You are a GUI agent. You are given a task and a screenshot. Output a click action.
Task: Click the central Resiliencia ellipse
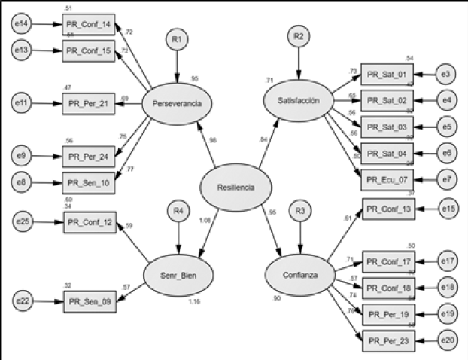[x=235, y=188]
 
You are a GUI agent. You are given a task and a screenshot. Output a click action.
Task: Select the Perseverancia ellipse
[x=176, y=103]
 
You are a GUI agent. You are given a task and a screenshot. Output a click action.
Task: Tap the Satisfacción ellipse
[x=298, y=100]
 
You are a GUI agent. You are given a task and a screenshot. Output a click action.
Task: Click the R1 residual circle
[x=176, y=39]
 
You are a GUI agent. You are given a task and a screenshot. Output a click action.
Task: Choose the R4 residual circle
[x=178, y=212]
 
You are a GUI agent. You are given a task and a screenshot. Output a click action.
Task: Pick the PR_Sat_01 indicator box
[x=387, y=75]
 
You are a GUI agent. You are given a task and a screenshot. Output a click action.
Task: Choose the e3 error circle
[x=446, y=75]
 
